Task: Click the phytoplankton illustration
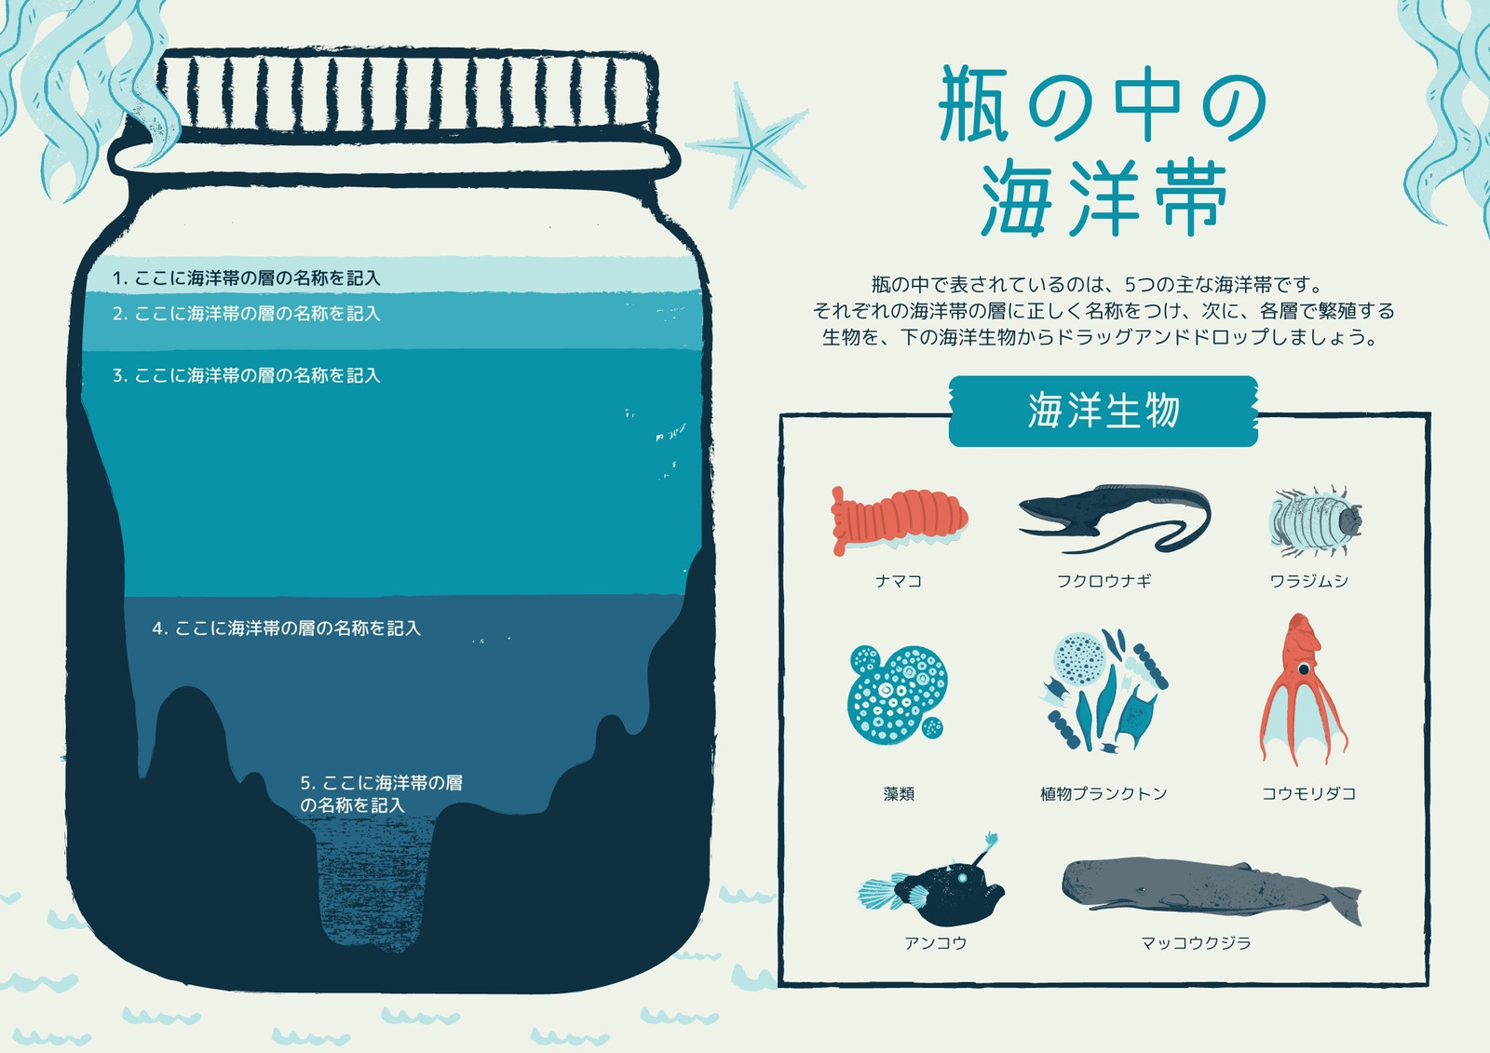click(1104, 692)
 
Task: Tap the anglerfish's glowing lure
click(991, 840)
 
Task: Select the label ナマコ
click(899, 581)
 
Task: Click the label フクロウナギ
click(1104, 581)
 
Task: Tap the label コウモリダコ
click(1309, 793)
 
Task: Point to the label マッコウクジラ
click(1196, 942)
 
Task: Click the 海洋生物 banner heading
click(1104, 411)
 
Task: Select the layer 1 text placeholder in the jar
click(246, 278)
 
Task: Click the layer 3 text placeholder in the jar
click(246, 376)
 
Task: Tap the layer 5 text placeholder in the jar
click(381, 793)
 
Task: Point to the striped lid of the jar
click(406, 92)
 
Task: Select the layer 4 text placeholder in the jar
click(287, 628)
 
